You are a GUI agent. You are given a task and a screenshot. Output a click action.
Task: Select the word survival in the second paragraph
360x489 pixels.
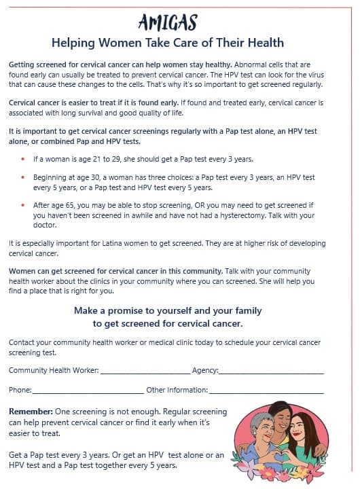138,114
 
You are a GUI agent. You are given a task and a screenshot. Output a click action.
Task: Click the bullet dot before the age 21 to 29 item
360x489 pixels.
23,160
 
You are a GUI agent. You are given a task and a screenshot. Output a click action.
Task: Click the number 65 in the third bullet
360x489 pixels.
68,204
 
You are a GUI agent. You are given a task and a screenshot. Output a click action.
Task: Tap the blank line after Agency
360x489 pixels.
271,372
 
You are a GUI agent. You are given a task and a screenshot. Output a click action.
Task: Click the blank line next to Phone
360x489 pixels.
88,391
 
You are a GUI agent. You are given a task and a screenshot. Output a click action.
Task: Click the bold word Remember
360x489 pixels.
30,412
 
